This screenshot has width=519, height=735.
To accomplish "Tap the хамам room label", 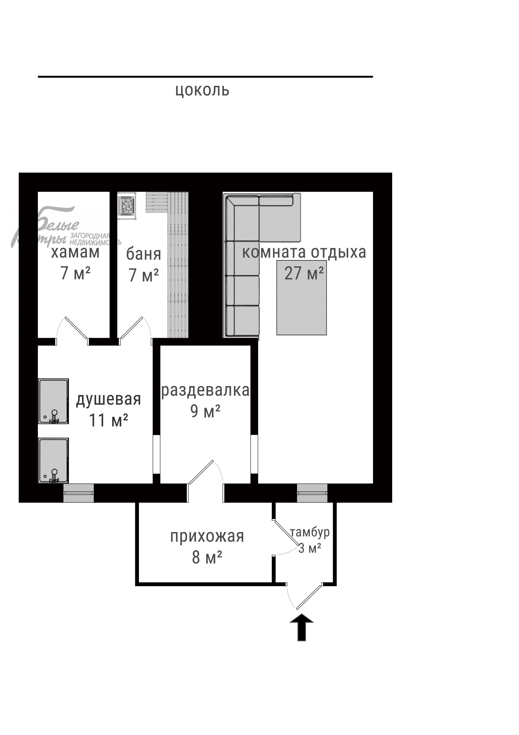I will pyautogui.click(x=76, y=252).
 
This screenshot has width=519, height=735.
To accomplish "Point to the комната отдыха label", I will pyautogui.click(x=304, y=252).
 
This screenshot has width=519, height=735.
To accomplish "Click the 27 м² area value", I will pyautogui.click(x=304, y=273).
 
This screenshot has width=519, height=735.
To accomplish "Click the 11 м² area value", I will pyautogui.click(x=108, y=420).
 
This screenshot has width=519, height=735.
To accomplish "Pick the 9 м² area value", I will pyautogui.click(x=205, y=411).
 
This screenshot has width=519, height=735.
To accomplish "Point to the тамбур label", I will pyautogui.click(x=310, y=532).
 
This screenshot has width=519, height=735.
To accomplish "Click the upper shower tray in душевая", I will pyautogui.click(x=53, y=401).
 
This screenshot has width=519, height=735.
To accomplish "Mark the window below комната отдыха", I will pyautogui.click(x=312, y=493).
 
